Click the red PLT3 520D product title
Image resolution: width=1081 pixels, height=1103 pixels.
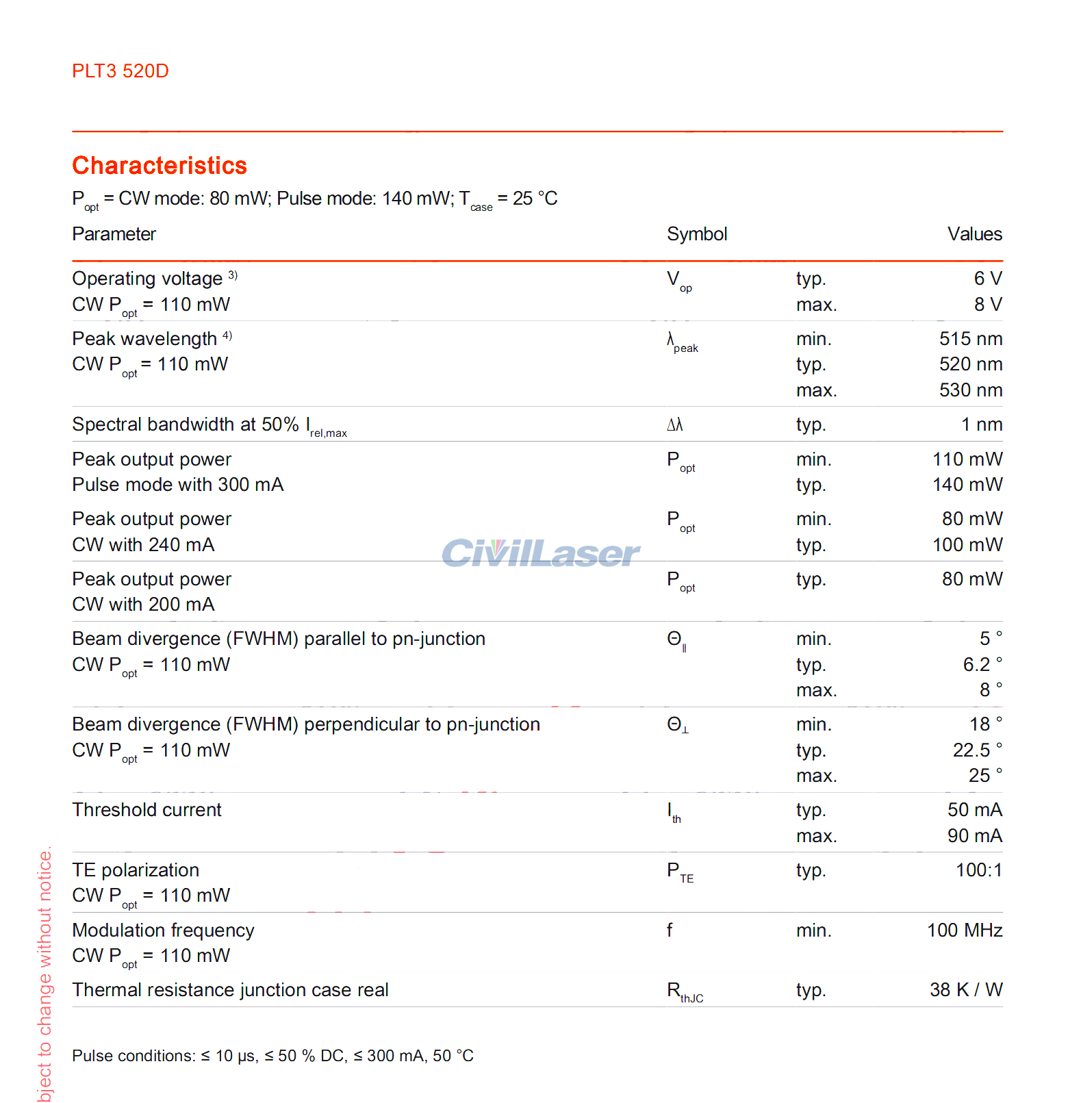(x=120, y=71)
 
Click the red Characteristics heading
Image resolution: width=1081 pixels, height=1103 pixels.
(x=160, y=166)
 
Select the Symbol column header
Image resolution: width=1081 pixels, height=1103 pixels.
(x=696, y=234)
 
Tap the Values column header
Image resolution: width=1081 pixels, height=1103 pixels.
(x=974, y=234)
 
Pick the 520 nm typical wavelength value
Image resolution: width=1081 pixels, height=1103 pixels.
(x=970, y=364)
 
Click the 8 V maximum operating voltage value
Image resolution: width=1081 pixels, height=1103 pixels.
(x=988, y=305)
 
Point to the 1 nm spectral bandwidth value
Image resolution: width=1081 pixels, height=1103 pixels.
(x=981, y=424)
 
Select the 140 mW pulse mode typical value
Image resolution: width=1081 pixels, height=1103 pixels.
(x=967, y=485)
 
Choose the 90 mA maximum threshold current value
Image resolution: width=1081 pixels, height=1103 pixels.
(x=974, y=836)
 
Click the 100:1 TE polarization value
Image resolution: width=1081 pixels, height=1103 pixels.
(x=978, y=870)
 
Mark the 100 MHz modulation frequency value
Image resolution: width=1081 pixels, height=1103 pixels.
(x=964, y=930)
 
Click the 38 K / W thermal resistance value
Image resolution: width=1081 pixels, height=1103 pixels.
(x=965, y=990)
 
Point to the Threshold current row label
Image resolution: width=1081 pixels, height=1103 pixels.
(x=147, y=810)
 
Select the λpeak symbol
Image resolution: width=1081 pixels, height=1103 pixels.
(x=682, y=342)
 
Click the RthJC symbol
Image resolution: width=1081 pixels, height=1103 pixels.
(x=685, y=992)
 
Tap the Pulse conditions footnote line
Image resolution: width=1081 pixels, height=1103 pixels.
(x=272, y=1056)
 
